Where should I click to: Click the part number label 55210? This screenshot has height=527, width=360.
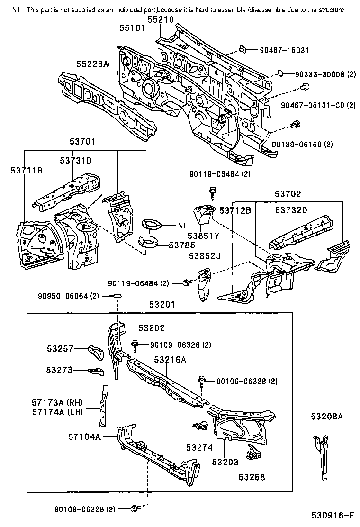pos(161,19)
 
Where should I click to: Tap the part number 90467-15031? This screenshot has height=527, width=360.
pos(284,50)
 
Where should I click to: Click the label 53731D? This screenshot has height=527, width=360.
pos(76,161)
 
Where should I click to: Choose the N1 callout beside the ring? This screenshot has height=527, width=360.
pos(182,226)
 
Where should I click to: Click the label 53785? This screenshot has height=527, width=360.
pos(182,245)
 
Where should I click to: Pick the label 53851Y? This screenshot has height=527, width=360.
pos(203,236)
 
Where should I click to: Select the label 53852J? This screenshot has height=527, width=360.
pos(205,256)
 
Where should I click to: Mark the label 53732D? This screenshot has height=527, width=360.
pos(291,210)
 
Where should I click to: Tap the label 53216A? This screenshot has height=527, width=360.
pos(170,360)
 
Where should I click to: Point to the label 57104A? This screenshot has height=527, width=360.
pos(85,436)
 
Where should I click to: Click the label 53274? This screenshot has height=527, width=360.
pos(199,448)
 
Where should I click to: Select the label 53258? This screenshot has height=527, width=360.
pos(252,477)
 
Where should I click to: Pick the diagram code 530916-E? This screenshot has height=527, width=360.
pos(333,515)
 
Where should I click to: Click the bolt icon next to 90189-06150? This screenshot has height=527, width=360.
pos(296,124)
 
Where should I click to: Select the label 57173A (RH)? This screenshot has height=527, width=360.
pos(57,402)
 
